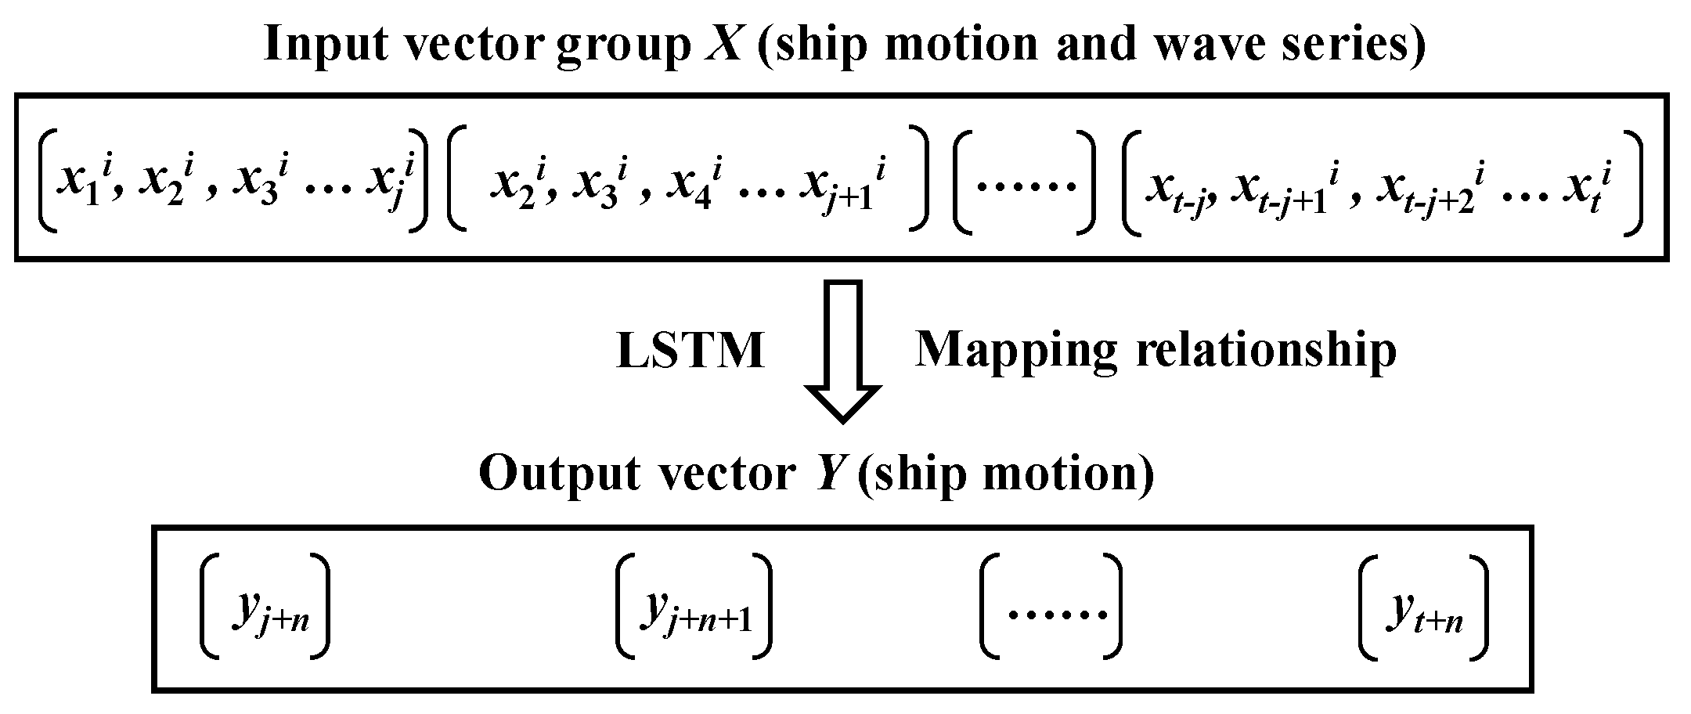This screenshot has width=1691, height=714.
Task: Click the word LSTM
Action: pos(690,350)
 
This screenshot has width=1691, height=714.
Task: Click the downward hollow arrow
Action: pos(843,352)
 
